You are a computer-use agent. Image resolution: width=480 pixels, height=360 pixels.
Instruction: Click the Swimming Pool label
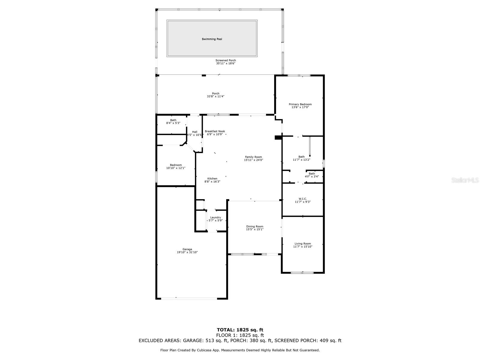point(212,39)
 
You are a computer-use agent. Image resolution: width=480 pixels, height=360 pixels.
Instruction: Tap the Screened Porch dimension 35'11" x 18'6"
point(226,63)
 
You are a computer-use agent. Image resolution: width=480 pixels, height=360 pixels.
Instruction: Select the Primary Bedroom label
point(300,104)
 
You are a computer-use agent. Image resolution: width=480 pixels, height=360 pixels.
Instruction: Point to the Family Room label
point(253,157)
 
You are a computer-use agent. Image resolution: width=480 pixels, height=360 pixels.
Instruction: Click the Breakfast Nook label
point(215,131)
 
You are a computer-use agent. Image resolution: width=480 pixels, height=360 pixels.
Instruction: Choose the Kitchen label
point(212,178)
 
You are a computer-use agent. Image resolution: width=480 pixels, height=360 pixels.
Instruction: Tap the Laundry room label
point(215,217)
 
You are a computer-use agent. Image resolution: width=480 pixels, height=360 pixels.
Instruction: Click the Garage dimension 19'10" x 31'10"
point(187,252)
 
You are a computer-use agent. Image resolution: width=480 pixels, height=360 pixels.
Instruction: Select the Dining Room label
point(254,226)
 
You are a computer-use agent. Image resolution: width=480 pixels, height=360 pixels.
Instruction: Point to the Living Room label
point(302,244)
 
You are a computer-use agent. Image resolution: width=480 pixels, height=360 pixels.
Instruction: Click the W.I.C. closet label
point(302,199)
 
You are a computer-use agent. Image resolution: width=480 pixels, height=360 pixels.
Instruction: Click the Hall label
point(194,132)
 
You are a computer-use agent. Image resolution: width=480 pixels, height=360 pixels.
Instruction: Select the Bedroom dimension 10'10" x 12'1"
point(175,168)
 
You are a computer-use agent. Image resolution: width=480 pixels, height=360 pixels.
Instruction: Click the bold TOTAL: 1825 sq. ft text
point(240,330)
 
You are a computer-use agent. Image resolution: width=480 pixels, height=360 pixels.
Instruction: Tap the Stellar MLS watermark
point(465,180)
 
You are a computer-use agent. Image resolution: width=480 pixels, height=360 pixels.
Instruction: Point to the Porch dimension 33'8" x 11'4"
point(215,96)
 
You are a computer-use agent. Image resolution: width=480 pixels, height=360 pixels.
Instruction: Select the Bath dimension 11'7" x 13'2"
point(301,160)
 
